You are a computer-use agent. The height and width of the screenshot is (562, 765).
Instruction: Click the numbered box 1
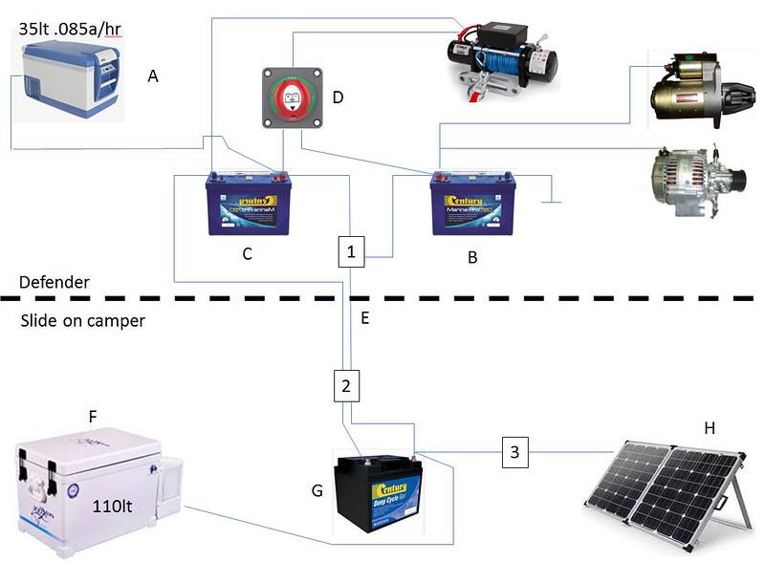(x=352, y=252)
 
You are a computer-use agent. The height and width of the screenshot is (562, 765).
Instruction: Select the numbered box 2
(x=346, y=386)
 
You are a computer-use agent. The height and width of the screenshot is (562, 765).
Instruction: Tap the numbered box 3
(x=515, y=452)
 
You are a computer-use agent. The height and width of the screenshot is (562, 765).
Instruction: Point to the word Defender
(x=55, y=283)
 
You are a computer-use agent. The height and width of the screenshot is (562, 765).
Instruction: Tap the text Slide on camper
(x=82, y=321)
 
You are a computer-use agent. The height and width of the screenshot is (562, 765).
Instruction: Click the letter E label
(x=365, y=317)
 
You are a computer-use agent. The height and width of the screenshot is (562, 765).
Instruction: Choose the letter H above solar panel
(x=709, y=427)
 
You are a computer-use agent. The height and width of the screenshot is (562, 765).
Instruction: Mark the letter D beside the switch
(x=336, y=97)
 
